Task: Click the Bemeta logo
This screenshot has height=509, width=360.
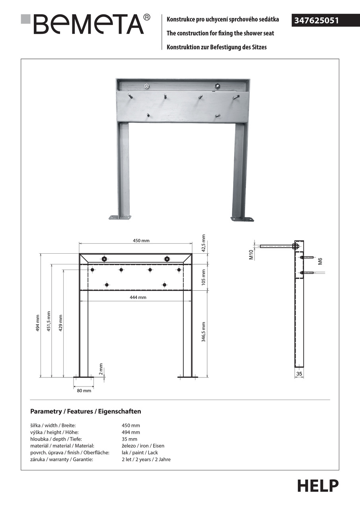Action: (86, 23)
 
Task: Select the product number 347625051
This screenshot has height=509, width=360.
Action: (317, 20)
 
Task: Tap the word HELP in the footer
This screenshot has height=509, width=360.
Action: (318, 486)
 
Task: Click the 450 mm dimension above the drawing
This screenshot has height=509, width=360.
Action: (141, 241)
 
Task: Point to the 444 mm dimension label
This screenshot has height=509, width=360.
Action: (138, 297)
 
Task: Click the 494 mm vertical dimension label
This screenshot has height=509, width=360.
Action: (38, 323)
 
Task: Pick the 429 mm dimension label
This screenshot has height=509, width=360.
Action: (61, 323)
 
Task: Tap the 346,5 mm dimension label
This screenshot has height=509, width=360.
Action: (203, 332)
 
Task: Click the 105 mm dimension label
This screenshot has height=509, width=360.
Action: (203, 277)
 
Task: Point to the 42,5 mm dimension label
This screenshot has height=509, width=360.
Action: (203, 243)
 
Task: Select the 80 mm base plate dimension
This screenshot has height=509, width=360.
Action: (84, 390)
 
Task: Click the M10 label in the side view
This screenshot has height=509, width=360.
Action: (251, 255)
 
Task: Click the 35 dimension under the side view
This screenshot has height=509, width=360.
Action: (299, 374)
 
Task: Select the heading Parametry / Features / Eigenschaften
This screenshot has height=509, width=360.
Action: (86, 411)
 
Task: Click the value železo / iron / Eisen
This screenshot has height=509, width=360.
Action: (143, 446)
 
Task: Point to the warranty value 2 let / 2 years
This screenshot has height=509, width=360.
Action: (146, 459)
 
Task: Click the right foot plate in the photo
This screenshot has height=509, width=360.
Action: (242, 219)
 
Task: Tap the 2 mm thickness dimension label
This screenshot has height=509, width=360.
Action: (101, 369)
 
